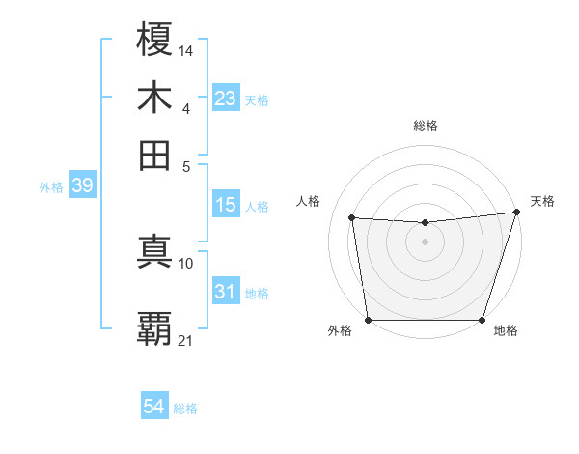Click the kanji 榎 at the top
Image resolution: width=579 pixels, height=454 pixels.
(155, 42)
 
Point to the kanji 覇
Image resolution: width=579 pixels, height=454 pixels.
(155, 327)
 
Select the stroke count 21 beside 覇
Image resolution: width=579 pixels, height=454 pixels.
(186, 340)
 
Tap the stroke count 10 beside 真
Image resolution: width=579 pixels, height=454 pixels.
(186, 263)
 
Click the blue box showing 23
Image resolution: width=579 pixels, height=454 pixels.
(225, 99)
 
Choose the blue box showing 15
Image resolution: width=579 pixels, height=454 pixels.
(225, 205)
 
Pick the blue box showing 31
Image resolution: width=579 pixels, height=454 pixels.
(225, 292)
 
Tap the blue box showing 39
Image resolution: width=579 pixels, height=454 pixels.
(82, 186)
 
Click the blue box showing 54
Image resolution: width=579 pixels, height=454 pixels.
(153, 408)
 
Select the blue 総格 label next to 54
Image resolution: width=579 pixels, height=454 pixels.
(185, 409)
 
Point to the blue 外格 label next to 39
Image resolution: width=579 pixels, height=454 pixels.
(51, 187)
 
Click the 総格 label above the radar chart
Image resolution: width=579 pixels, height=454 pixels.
(425, 126)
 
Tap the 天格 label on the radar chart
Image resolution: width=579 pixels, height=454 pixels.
(542, 201)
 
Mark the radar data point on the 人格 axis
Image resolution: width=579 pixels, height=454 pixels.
(352, 218)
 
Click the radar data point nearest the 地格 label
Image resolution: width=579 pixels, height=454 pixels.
(482, 320)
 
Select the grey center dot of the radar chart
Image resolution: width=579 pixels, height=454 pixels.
(425, 241)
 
